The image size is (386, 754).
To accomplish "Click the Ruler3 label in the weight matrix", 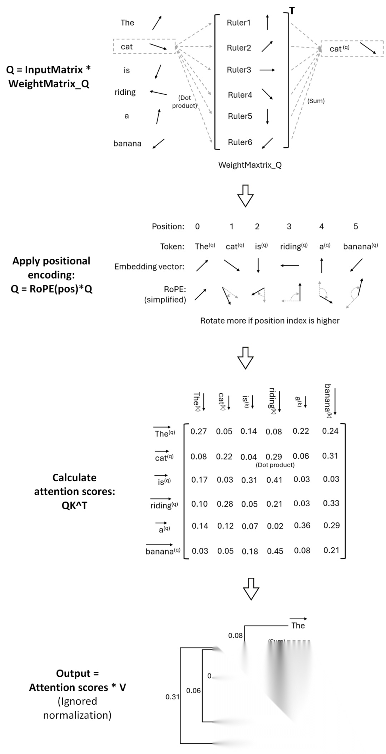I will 239,70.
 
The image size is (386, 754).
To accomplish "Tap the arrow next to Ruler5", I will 267,116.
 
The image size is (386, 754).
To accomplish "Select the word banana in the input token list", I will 127,143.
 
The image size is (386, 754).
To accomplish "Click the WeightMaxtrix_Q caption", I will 250,165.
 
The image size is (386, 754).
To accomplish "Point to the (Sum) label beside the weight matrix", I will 316,101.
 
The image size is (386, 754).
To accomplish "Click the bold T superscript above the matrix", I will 292,11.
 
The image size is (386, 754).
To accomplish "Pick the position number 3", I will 289,226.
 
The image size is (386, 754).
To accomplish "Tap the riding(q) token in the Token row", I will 293,246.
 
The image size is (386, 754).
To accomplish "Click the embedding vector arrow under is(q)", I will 258,265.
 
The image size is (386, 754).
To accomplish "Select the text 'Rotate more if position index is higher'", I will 269,321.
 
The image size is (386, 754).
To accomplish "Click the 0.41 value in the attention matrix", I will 274,480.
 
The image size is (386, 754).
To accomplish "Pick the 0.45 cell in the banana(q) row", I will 275,551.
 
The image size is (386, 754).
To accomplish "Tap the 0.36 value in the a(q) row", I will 302,526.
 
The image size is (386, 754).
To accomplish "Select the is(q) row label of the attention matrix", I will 164,480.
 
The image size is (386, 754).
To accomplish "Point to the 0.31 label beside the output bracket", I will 172,696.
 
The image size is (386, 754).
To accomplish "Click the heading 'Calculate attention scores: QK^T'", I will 74,491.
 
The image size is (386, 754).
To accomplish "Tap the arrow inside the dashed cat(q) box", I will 367,49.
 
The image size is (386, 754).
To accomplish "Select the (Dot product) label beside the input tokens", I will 184,102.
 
